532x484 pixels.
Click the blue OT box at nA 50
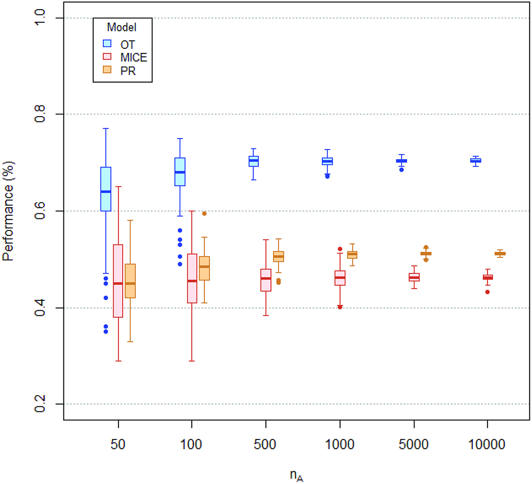click(106, 189)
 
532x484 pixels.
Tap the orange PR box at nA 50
click(130, 281)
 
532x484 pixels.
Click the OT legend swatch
click(107, 44)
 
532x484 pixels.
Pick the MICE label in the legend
click(133, 57)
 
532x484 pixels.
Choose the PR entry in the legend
click(128, 71)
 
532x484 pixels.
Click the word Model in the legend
click(122, 27)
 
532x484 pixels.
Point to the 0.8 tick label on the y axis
click(40, 114)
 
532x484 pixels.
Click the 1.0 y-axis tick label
click(40, 18)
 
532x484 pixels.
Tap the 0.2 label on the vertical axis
click(40, 404)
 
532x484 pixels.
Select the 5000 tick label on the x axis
click(413, 444)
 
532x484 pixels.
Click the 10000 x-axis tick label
click(487, 444)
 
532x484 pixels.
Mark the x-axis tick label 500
click(265, 444)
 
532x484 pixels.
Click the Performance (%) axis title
click(8, 211)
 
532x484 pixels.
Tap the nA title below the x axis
click(296, 475)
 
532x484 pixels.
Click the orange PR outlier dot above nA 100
click(204, 213)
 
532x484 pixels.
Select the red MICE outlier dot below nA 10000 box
click(487, 292)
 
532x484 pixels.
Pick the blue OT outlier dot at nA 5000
click(402, 170)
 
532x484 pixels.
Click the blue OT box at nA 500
click(254, 161)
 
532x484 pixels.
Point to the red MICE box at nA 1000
click(340, 278)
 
